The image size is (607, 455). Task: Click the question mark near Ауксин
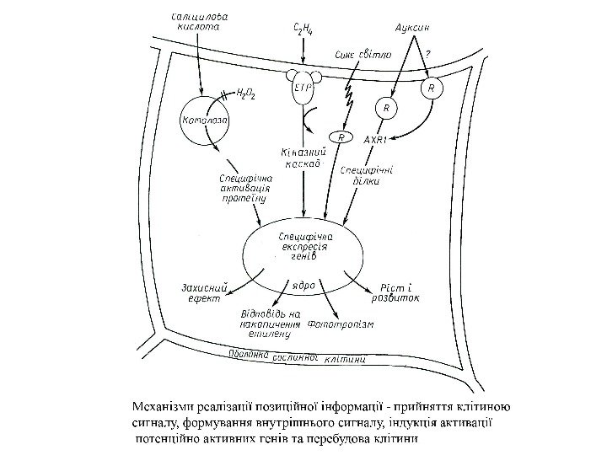click(429, 55)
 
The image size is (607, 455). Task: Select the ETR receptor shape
click(303, 88)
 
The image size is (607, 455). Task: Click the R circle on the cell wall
click(432, 88)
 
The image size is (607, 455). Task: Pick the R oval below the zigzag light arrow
click(341, 137)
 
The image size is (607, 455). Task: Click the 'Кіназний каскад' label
click(302, 158)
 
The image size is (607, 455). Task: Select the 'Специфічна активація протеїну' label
click(244, 190)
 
